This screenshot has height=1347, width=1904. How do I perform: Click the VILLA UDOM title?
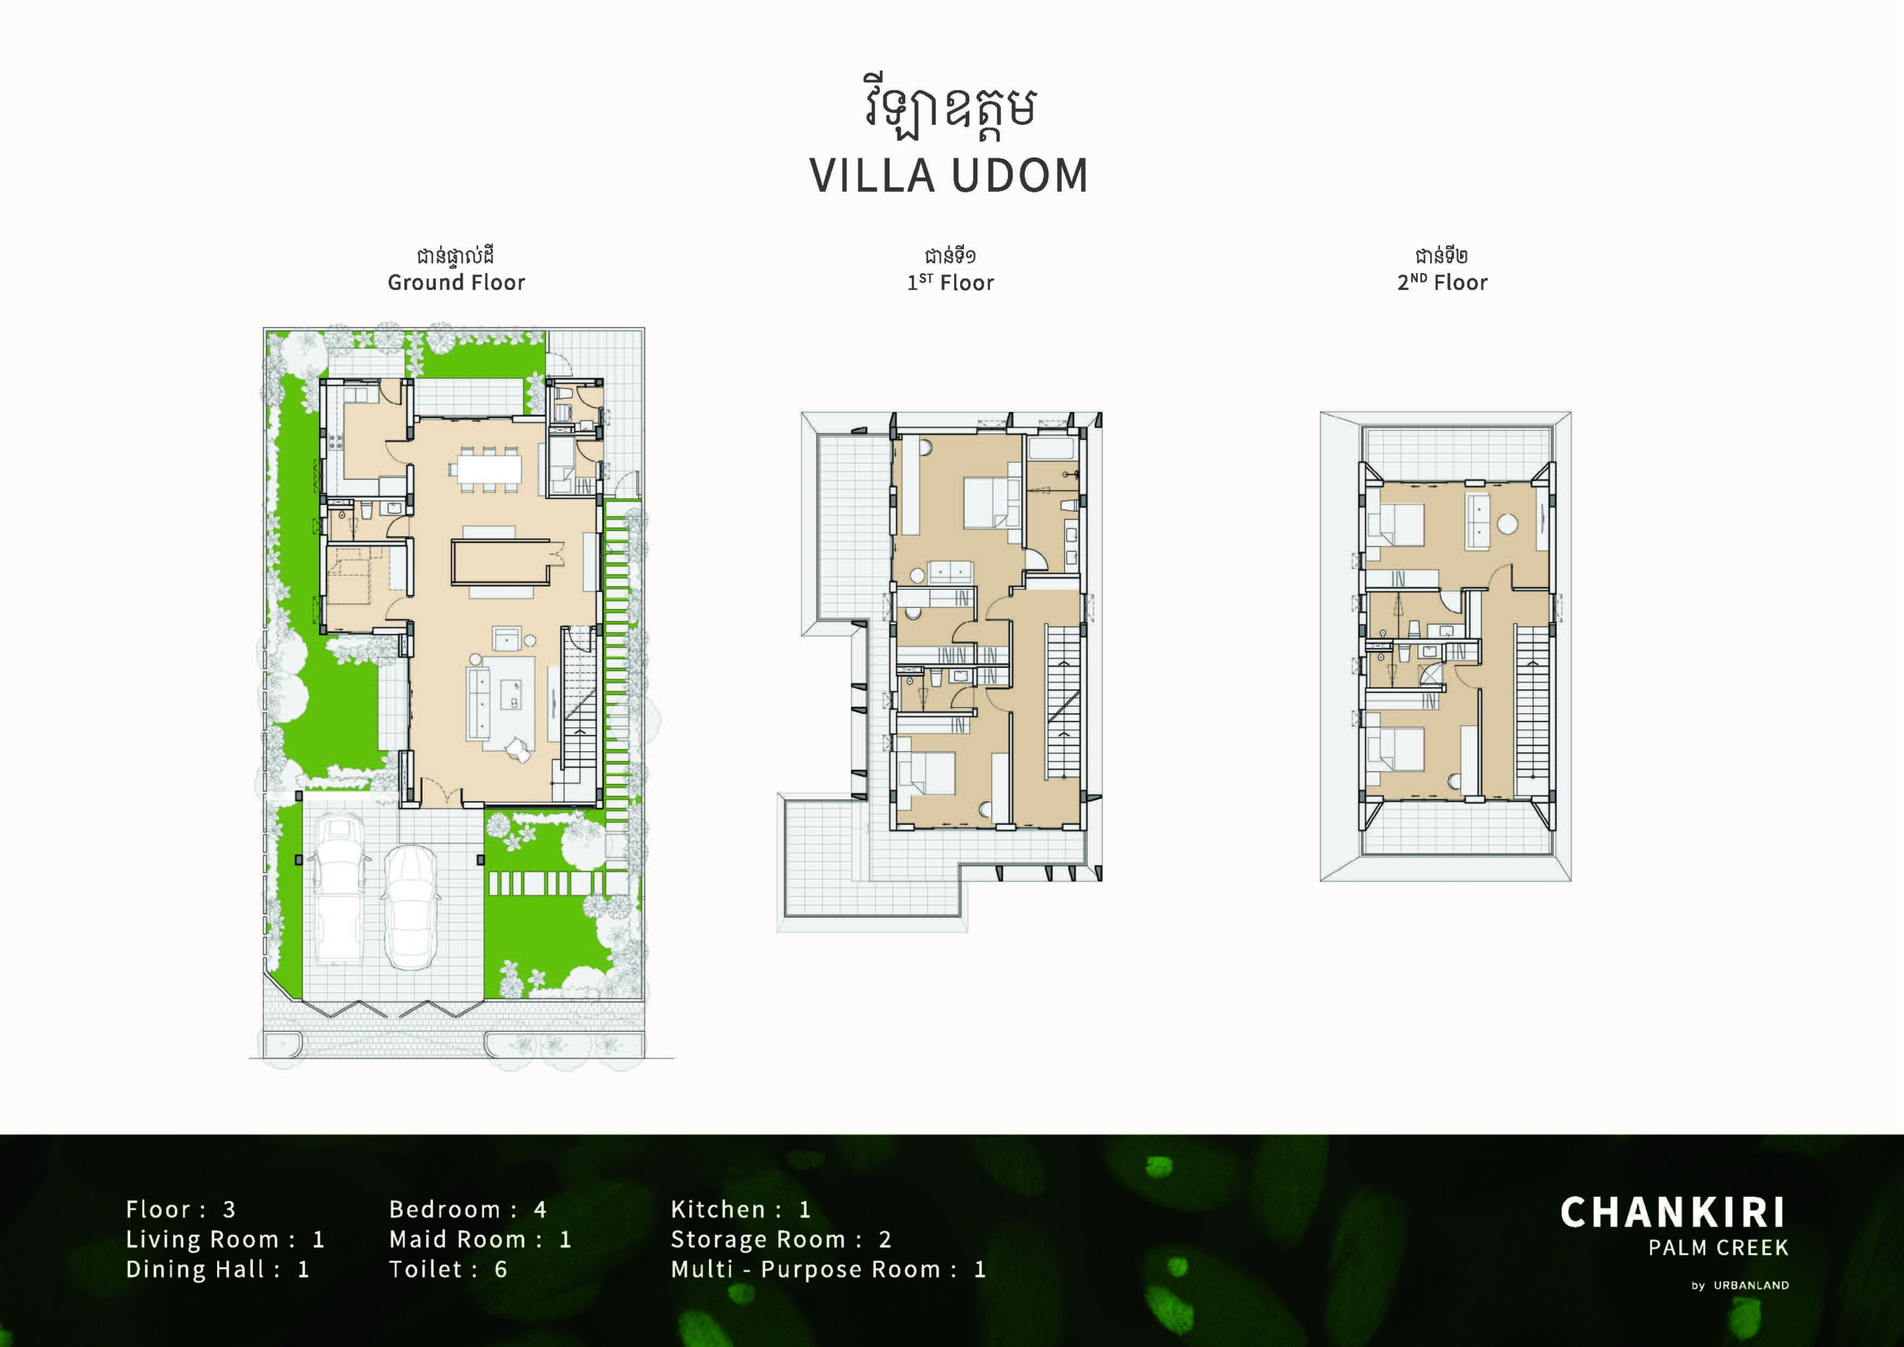(x=949, y=175)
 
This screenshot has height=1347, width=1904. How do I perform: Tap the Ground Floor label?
(x=456, y=283)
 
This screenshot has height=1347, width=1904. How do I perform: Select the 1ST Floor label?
(x=951, y=283)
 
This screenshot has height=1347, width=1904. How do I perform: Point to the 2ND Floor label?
(x=1442, y=283)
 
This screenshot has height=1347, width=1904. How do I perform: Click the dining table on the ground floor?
(x=486, y=470)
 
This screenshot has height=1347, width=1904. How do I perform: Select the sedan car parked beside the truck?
(x=412, y=907)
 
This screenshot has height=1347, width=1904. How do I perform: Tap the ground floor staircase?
(x=579, y=701)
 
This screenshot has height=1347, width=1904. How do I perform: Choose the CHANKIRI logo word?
(x=1673, y=1212)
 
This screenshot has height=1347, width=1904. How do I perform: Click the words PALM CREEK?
(x=1718, y=1247)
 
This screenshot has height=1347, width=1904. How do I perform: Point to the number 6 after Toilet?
(x=501, y=1269)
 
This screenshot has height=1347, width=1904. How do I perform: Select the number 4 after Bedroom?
(x=540, y=1209)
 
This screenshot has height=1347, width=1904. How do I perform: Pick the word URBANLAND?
(x=1752, y=1285)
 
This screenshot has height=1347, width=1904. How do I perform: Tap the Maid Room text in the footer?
(x=457, y=1239)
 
